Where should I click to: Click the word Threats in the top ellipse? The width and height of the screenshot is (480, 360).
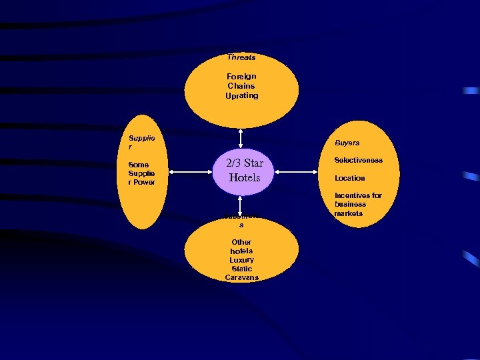click(x=241, y=57)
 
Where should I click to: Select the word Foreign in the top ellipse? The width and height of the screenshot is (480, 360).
click(x=241, y=76)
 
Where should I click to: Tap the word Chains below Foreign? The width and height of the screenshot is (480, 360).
click(x=241, y=86)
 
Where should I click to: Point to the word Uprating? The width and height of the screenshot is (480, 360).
click(x=241, y=95)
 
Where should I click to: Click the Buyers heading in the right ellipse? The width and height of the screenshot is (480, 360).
click(x=347, y=143)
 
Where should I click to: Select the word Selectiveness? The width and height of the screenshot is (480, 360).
click(x=359, y=161)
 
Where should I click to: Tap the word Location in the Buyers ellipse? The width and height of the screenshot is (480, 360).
click(x=350, y=178)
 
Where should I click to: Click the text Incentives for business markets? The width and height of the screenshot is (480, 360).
click(x=358, y=204)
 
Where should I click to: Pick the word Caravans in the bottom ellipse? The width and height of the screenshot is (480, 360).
click(x=241, y=277)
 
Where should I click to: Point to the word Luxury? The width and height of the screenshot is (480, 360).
click(x=241, y=260)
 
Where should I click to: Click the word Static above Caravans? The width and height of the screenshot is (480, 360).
click(x=241, y=269)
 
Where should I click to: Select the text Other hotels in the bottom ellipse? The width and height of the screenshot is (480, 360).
click(x=241, y=247)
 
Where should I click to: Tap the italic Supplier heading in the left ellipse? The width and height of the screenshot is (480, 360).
click(x=141, y=143)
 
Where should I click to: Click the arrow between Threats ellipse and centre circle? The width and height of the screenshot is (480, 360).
click(x=241, y=137)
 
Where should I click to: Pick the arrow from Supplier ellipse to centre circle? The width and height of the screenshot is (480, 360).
click(x=192, y=172)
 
